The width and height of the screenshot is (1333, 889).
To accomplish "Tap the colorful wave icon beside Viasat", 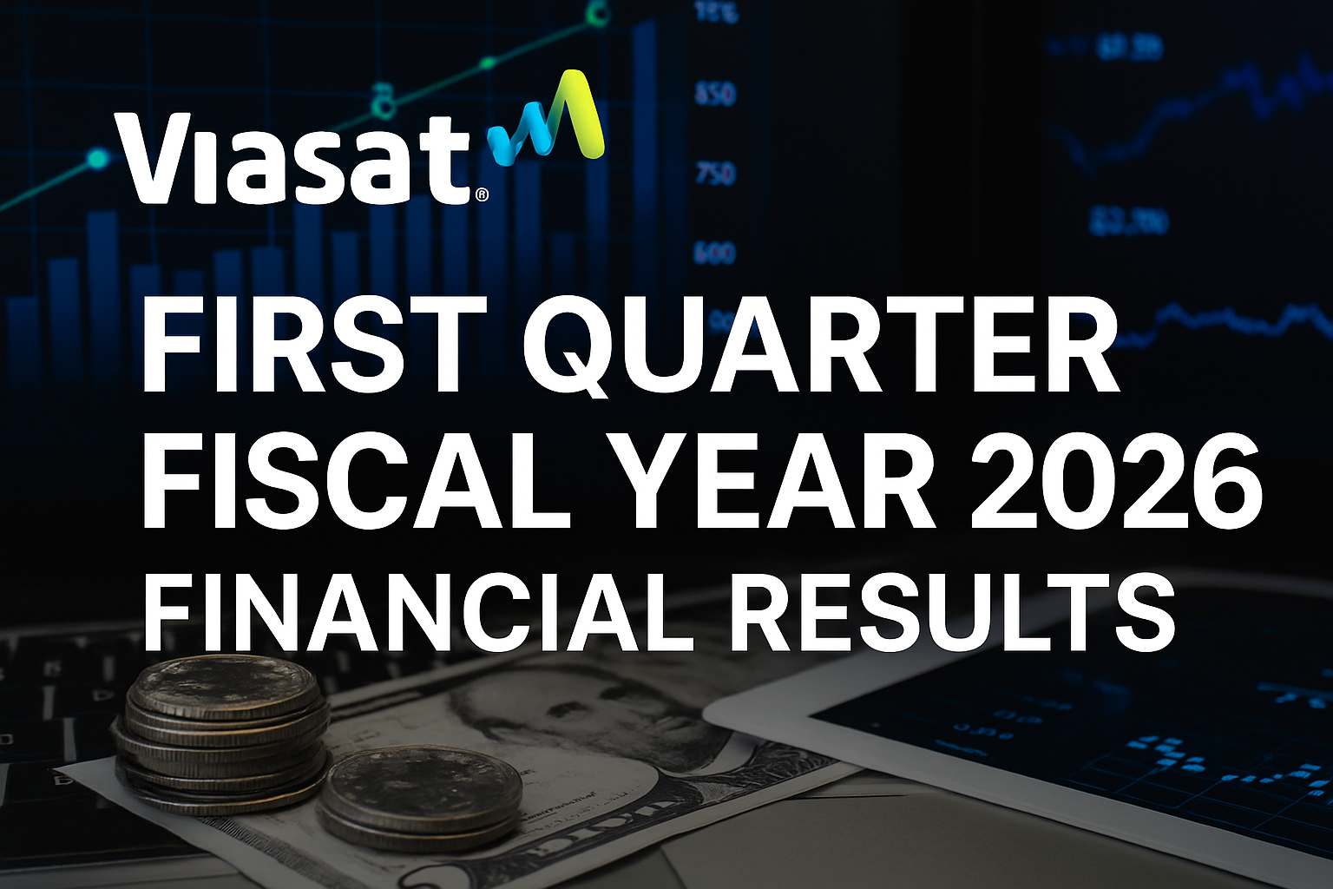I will pyautogui.click(x=547, y=120).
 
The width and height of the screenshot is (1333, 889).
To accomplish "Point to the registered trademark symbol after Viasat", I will pyautogui.click(x=482, y=196).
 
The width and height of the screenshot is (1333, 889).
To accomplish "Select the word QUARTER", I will pyautogui.click(x=820, y=346).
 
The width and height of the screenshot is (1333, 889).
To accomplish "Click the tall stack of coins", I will pyautogui.click(x=221, y=734).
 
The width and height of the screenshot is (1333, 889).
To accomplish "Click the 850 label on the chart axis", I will pyautogui.click(x=715, y=94).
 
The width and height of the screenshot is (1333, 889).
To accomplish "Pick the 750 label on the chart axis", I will pyautogui.click(x=715, y=174).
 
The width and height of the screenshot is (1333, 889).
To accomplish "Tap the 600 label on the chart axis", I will pyautogui.click(x=714, y=254).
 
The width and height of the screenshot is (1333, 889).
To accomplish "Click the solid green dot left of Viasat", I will pyautogui.click(x=98, y=159).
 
